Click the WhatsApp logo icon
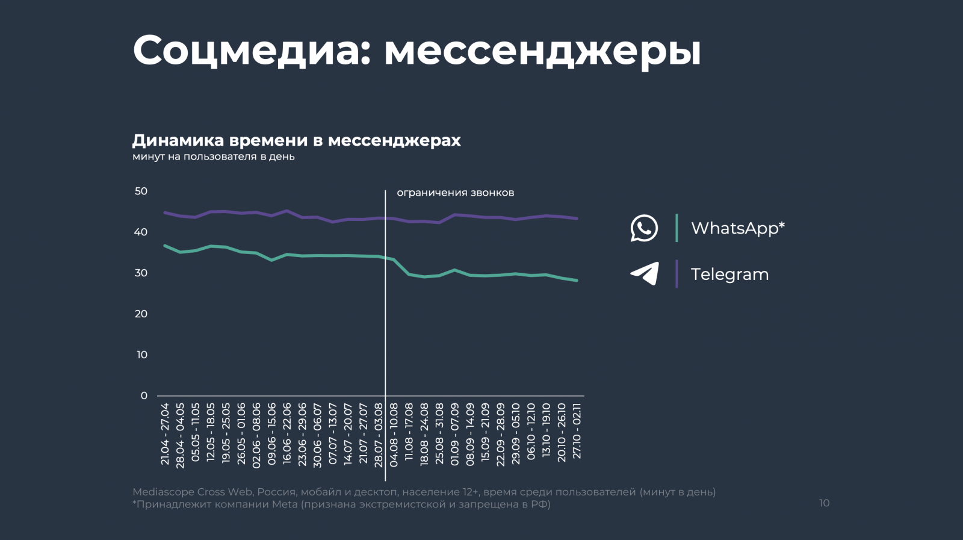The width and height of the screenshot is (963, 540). pyautogui.click(x=644, y=228)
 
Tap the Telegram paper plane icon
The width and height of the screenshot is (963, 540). pyautogui.click(x=645, y=273)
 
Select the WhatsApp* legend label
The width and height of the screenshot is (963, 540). pyautogui.click(x=738, y=228)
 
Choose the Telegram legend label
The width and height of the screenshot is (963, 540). pyautogui.click(x=729, y=275)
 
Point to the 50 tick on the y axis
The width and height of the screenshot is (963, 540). pyautogui.click(x=141, y=191)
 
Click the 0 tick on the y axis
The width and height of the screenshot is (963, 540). pyautogui.click(x=144, y=396)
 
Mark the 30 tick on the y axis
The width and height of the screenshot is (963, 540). pyautogui.click(x=141, y=273)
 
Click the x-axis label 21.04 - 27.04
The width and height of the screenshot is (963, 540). pyautogui.click(x=165, y=433)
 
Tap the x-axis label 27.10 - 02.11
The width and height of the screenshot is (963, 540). pyautogui.click(x=577, y=431)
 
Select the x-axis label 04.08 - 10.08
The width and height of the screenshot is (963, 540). pyautogui.click(x=394, y=435)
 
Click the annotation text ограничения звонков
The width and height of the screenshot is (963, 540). pyautogui.click(x=455, y=193)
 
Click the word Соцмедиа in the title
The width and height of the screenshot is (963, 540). pyautogui.click(x=247, y=50)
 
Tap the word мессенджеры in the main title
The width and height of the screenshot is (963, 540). pyautogui.click(x=542, y=51)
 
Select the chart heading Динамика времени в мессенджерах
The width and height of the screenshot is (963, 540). pyautogui.click(x=296, y=140)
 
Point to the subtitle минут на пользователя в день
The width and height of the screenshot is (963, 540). pyautogui.click(x=214, y=157)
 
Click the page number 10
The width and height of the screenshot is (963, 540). pyautogui.click(x=824, y=503)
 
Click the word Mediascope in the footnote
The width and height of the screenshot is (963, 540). pyautogui.click(x=163, y=492)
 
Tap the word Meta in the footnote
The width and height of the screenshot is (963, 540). pyautogui.click(x=285, y=504)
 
